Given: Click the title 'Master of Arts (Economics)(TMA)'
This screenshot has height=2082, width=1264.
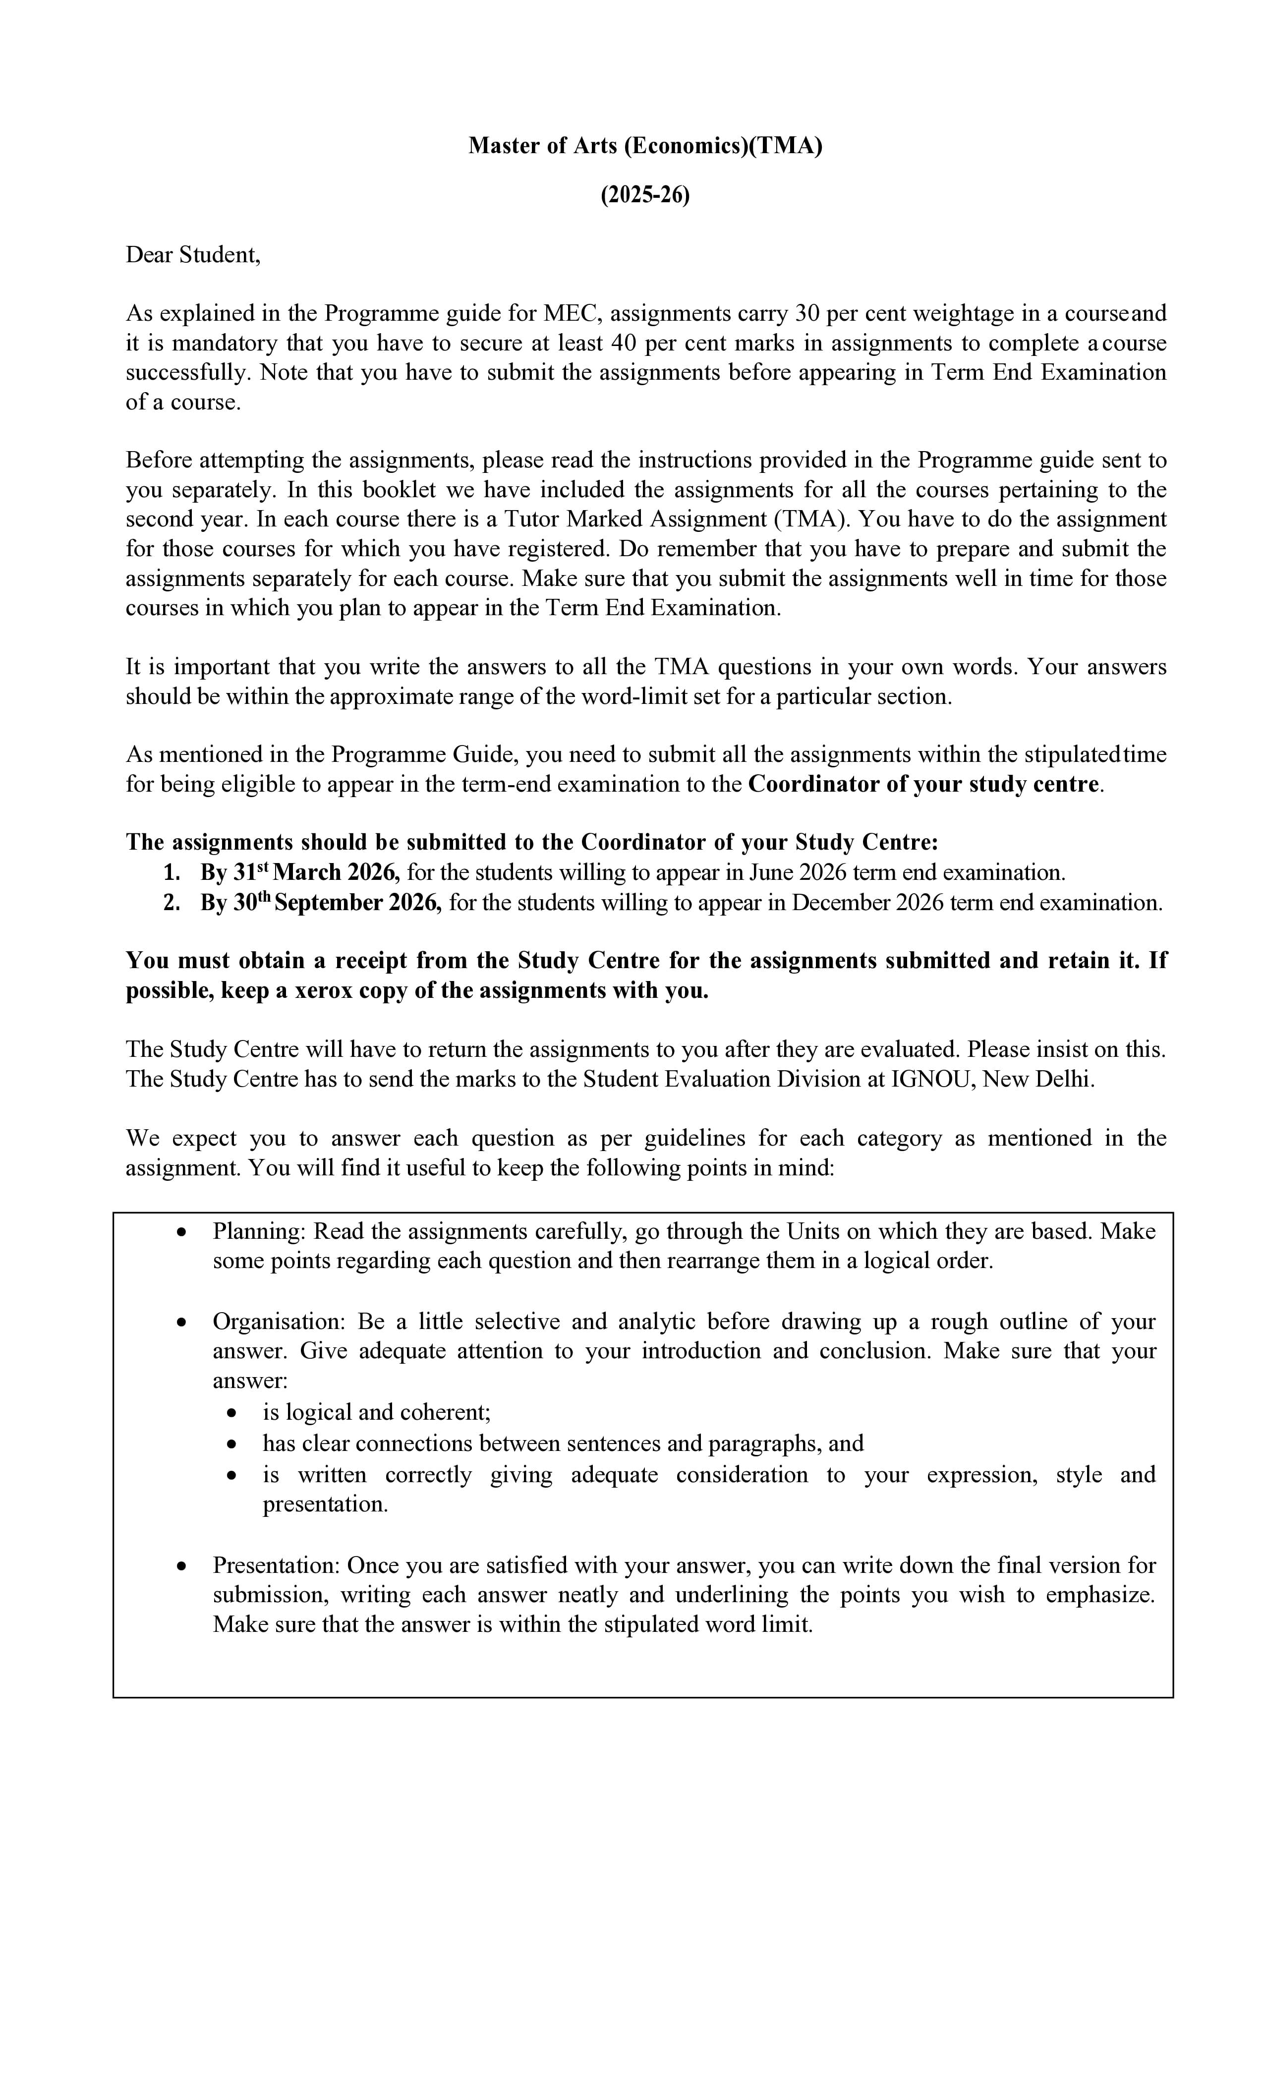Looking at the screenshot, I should [645, 146].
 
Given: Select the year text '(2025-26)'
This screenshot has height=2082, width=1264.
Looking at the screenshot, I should [645, 195].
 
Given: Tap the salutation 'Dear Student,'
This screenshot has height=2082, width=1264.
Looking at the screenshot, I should [193, 255].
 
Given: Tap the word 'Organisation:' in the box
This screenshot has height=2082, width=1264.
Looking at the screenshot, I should [278, 1322].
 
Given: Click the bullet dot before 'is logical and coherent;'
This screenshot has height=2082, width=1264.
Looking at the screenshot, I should [233, 1414].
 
